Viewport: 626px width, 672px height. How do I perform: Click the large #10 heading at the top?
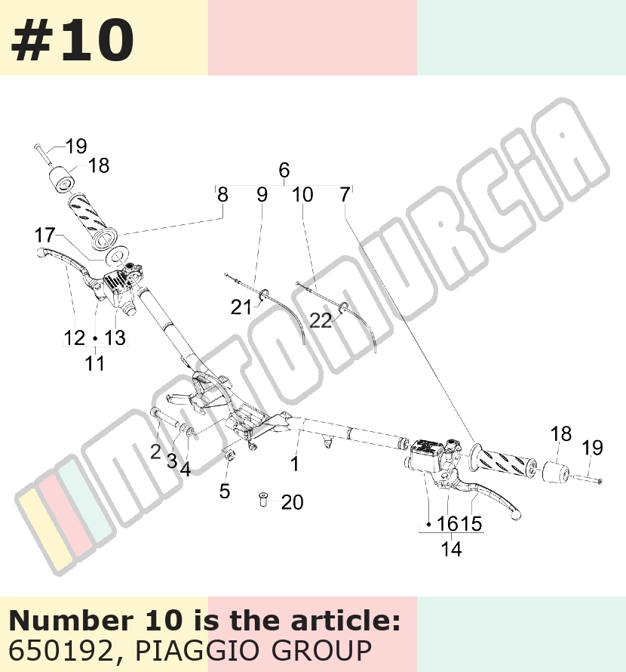pos(72,39)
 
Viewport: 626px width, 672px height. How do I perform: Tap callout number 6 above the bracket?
pos(284,170)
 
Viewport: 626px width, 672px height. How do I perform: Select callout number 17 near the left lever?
pos(45,235)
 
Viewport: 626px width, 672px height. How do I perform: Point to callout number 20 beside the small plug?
pos(293,502)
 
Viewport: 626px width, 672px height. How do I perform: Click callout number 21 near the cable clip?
pos(241,307)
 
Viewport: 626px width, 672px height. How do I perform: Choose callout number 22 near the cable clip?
pos(321,321)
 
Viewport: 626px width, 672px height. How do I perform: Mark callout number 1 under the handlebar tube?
pos(295,464)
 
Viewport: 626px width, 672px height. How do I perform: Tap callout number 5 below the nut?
pos(225,491)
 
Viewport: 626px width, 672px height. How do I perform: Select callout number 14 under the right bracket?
pos(451,549)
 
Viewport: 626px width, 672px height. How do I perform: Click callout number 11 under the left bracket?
pos(94,363)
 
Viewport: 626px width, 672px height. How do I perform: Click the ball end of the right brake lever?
pos(516,515)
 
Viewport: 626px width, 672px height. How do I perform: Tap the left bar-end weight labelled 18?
pos(63,180)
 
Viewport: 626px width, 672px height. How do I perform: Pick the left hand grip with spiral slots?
pos(93,220)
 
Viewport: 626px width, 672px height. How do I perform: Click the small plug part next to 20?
pos(263,500)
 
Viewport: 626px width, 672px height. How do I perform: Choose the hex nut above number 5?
pos(229,455)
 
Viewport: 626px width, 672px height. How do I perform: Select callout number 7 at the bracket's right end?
pos(345,195)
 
